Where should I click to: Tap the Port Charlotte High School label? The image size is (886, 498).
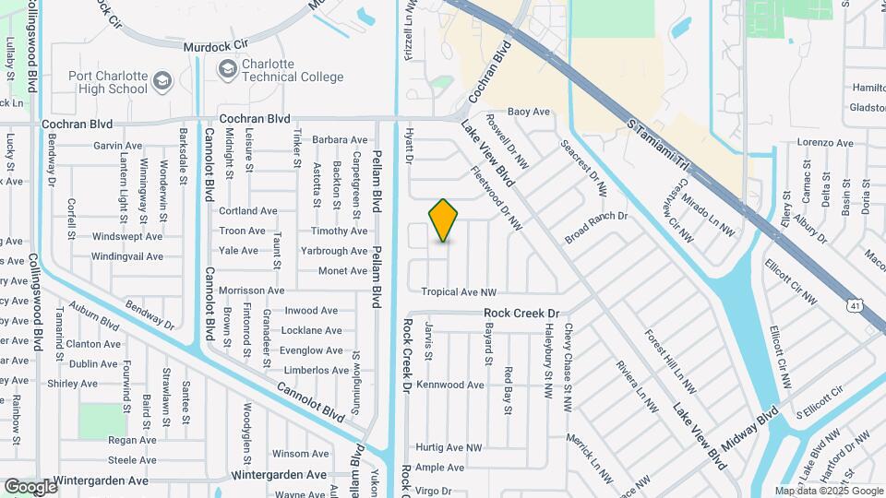click(107, 83)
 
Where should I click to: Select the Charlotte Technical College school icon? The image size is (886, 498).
click(227, 69)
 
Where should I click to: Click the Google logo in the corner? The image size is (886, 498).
click(30, 487)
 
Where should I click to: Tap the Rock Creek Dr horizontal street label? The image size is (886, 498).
click(522, 314)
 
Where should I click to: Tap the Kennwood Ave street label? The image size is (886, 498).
click(449, 385)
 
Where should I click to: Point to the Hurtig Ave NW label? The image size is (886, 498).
click(449, 447)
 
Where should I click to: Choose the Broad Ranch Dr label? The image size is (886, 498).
click(596, 228)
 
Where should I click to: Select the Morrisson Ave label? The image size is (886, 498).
click(250, 290)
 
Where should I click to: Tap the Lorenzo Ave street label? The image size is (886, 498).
click(825, 143)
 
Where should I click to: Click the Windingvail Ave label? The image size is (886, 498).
click(127, 256)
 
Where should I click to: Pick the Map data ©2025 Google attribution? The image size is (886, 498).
click(829, 491)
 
